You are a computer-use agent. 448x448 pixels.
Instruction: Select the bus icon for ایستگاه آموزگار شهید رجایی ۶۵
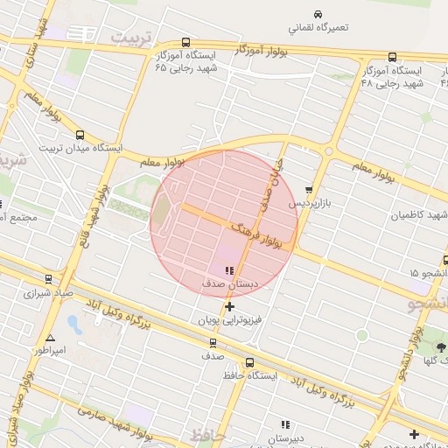[x=185, y=42]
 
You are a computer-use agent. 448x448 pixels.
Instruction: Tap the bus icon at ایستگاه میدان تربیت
[x=80, y=135]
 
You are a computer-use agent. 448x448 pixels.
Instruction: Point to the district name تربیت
[x=130, y=38]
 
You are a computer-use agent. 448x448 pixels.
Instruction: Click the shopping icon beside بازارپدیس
[x=309, y=190]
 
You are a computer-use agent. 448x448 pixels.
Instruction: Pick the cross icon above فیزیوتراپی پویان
[x=229, y=306]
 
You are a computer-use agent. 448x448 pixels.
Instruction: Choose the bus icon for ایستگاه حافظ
[x=250, y=362]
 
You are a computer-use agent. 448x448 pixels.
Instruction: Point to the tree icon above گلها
[x=440, y=348]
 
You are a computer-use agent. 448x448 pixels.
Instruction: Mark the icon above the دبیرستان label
[x=284, y=424]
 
